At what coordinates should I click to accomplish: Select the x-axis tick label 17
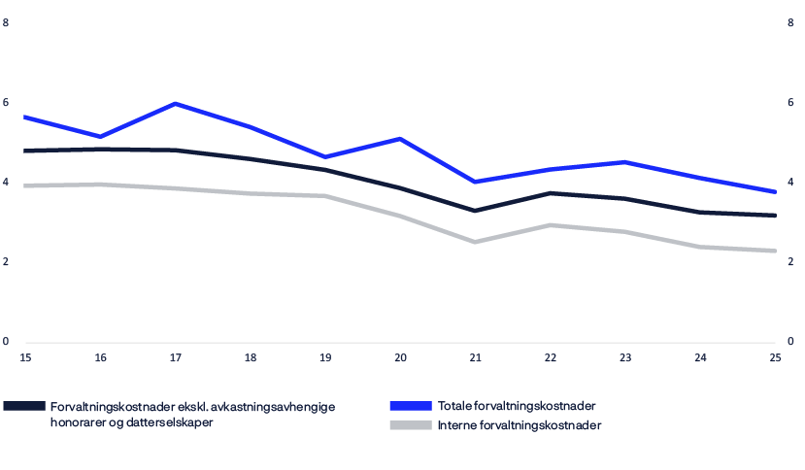175,358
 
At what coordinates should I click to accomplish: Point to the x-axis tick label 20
400,358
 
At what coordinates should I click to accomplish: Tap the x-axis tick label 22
551,358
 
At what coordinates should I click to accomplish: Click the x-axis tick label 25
775,358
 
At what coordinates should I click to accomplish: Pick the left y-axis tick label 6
7,103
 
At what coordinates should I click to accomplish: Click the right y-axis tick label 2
790,262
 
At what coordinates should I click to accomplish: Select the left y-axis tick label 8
7,23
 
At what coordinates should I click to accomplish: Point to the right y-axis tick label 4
790,183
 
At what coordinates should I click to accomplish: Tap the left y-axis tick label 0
7,342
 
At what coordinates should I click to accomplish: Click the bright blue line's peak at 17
175,103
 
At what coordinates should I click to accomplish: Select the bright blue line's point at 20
400,139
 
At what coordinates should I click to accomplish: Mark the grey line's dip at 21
475,242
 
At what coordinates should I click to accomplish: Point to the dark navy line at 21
475,210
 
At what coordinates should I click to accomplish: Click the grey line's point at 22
551,225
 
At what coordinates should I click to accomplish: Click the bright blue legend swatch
411,406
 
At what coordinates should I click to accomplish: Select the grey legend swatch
411,425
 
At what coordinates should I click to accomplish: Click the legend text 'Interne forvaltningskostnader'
520,425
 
